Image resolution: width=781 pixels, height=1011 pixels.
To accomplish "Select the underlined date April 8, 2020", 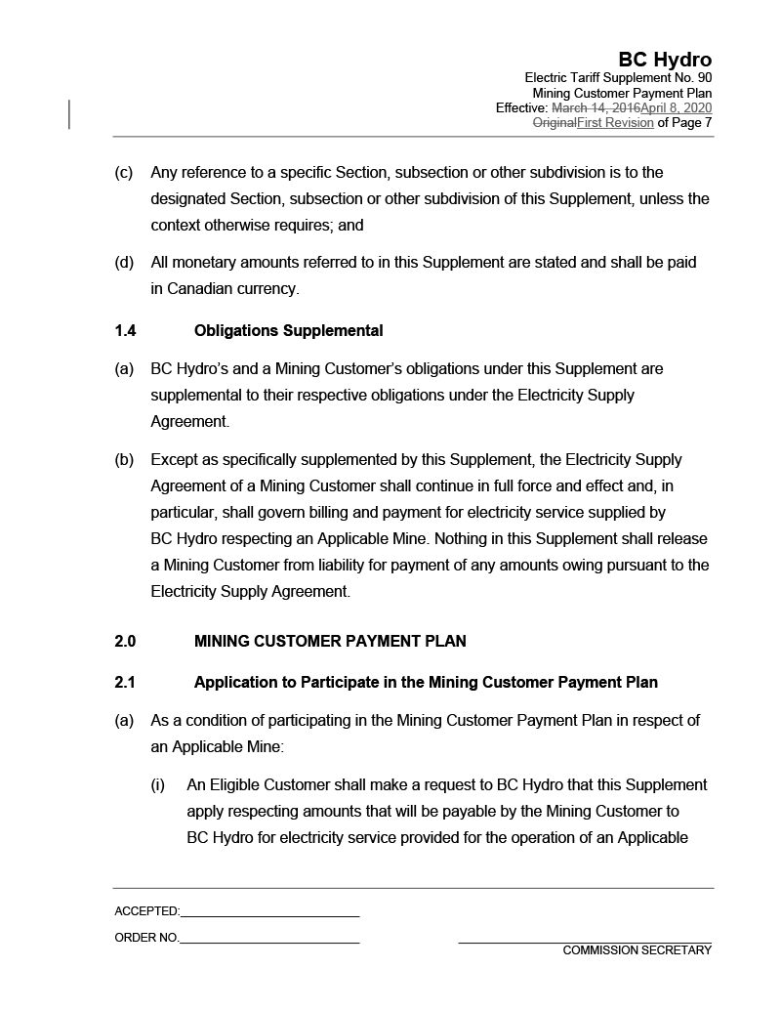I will (x=676, y=107).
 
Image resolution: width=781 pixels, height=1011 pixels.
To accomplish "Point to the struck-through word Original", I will (x=554, y=123).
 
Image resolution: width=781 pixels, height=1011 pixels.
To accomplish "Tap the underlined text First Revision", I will (x=615, y=123).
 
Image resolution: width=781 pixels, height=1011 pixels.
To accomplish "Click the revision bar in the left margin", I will (x=69, y=114).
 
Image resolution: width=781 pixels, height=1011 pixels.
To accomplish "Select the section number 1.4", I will (x=125, y=331).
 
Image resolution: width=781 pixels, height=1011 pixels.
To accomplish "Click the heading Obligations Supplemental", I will (x=288, y=331).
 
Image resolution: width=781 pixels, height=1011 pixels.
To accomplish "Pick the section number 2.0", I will (x=125, y=642).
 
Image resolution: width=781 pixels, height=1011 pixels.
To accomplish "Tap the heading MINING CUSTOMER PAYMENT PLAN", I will (x=330, y=642).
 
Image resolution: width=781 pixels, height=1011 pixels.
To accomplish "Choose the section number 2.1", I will (x=125, y=683).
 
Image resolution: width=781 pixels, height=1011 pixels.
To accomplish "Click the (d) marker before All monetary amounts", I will (x=124, y=263).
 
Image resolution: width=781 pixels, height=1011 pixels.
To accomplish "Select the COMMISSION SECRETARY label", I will (x=637, y=951).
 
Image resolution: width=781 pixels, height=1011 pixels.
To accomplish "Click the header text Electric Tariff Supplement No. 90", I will (x=618, y=77).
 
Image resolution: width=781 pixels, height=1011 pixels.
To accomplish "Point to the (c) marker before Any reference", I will (x=124, y=173).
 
